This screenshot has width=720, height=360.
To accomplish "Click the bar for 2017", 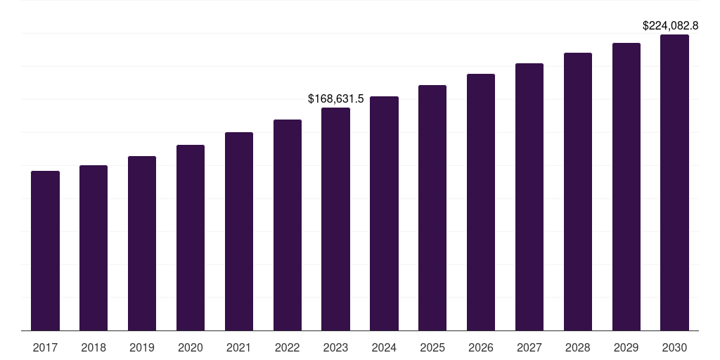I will coord(45,250).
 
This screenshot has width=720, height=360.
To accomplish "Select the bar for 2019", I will coord(142,243).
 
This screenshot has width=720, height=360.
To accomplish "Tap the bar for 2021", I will coord(239,231).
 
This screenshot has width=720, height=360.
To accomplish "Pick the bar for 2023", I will coord(335,219).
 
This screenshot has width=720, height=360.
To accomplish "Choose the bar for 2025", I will coord(432,207).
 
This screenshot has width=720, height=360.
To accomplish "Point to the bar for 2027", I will coord(529,197).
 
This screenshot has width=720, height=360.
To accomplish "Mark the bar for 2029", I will coord(626,186).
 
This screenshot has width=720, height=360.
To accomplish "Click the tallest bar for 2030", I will coord(675,182).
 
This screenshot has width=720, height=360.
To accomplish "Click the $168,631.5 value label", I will coord(336,99).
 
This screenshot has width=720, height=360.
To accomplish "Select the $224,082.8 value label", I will coord(671,26).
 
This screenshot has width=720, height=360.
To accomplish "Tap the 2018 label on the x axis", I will coord(94,347).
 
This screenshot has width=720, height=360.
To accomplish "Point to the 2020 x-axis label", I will coord(191,347).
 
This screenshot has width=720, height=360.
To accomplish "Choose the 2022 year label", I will coord(288,347).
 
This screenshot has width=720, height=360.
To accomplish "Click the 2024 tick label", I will coord(384,347).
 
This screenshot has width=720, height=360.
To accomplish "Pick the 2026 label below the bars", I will coord(481,347).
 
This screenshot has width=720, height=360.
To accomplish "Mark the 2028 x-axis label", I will coord(578,347).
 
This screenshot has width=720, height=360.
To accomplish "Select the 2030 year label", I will coord(675,347).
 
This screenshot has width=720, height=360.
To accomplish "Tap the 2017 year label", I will coord(45,347).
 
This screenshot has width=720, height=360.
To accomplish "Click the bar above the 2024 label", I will coord(384,213).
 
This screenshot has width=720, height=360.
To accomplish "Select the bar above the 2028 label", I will coord(578,191).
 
